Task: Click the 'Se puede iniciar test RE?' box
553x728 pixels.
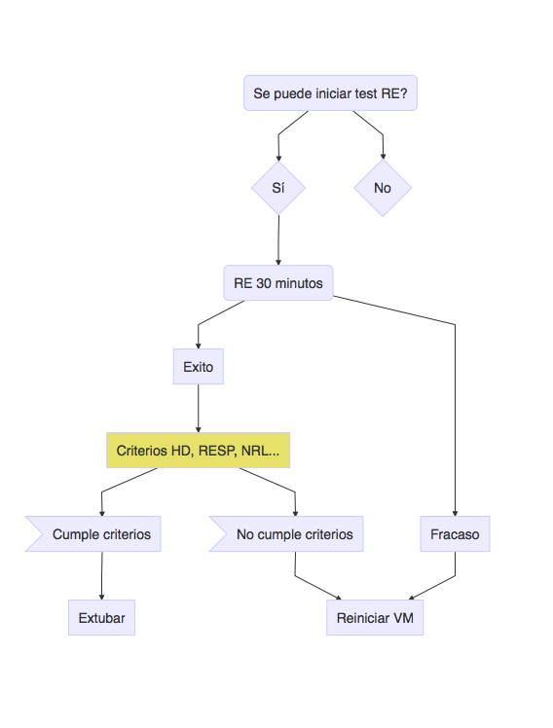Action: point(330,92)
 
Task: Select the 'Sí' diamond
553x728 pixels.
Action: point(278,188)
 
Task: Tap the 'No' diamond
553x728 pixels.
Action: point(383,188)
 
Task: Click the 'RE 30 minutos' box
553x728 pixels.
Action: point(278,283)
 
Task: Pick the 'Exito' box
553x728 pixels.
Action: point(199,367)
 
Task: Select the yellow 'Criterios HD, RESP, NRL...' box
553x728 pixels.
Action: point(199,451)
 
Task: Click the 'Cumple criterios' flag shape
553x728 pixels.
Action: point(93,534)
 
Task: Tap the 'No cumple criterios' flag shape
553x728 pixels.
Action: point(286,534)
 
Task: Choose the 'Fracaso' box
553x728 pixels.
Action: point(455,534)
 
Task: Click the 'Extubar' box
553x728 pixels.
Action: point(101,617)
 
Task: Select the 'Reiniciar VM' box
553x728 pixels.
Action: point(375,617)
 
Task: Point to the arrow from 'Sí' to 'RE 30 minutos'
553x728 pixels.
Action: point(278,240)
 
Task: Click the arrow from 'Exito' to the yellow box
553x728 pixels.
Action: point(199,409)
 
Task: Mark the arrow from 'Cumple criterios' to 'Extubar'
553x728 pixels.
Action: point(101,576)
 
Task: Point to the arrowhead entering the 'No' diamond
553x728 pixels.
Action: point(383,156)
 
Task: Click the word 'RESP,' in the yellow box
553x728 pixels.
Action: point(218,451)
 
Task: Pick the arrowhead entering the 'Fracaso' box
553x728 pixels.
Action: point(455,513)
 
